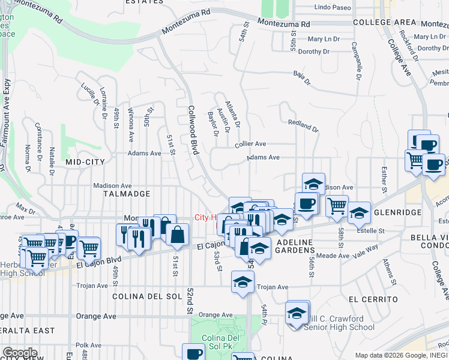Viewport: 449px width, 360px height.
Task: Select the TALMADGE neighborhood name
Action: click(x=125, y=194)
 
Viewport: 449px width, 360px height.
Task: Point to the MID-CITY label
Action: click(x=85, y=162)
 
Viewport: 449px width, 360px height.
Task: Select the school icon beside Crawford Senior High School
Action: click(x=297, y=314)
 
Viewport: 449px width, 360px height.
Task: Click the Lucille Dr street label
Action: click(x=89, y=91)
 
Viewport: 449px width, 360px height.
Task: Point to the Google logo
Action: click(x=20, y=352)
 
